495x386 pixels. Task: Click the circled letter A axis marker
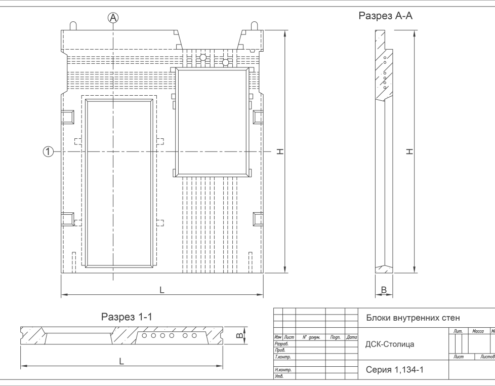(x=113, y=18)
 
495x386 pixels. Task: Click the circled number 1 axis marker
(x=48, y=151)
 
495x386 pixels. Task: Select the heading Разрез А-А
(x=386, y=16)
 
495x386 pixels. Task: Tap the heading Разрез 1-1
(x=127, y=317)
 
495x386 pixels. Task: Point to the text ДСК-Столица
(x=390, y=344)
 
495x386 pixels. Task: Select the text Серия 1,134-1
(x=395, y=370)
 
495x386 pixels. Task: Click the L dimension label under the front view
(x=161, y=290)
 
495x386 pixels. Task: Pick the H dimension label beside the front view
(x=280, y=151)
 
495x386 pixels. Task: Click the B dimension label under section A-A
(x=384, y=290)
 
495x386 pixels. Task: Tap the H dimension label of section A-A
(x=409, y=151)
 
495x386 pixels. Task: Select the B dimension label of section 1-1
(x=239, y=335)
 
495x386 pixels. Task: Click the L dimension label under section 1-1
(x=121, y=361)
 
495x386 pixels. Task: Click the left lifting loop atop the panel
(x=73, y=26)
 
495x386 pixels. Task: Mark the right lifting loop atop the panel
(x=254, y=26)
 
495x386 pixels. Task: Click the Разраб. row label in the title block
(x=281, y=343)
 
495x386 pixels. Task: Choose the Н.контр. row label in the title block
(x=283, y=370)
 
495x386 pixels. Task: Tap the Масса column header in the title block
(x=478, y=331)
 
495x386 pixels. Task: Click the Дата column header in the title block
(x=351, y=337)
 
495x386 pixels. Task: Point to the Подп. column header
(x=335, y=337)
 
